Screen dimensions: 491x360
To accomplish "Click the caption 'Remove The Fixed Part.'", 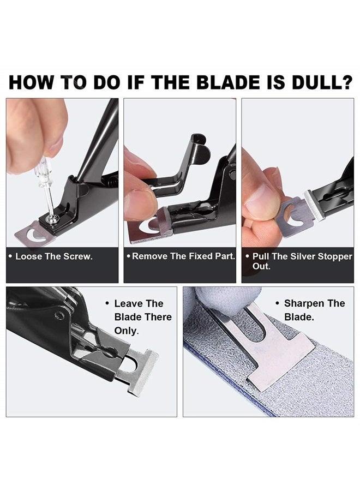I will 180,256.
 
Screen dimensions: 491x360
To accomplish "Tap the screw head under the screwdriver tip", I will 53,219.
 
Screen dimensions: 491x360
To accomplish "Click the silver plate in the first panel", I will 33,235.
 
